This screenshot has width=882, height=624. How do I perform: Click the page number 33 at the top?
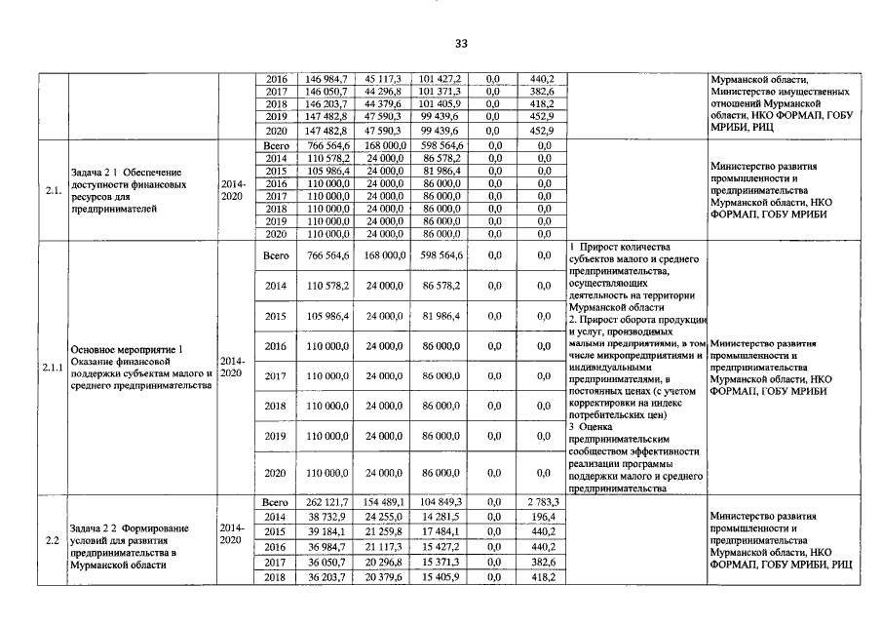tap(461, 44)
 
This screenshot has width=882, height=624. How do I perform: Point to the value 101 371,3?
tap(441, 91)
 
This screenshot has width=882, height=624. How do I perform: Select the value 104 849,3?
tap(441, 501)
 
